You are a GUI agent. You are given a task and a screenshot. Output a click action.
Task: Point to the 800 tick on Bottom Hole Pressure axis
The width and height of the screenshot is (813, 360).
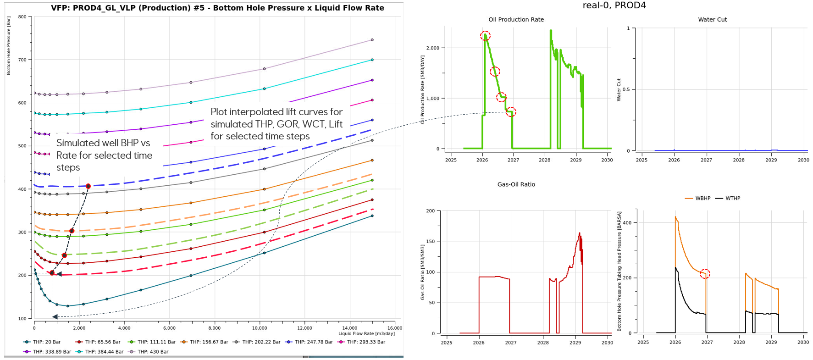(22, 17)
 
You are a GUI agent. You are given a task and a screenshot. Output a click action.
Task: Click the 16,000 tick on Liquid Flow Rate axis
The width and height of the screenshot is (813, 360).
(395, 328)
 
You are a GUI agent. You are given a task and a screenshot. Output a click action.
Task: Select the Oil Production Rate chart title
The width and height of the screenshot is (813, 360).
(516, 20)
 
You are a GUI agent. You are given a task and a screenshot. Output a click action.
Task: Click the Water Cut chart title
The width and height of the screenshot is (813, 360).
(712, 20)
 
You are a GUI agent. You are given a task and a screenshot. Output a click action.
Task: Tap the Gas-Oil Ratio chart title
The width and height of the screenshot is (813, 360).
(516, 184)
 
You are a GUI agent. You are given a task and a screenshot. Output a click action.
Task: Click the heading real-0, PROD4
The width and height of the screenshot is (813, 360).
(614, 6)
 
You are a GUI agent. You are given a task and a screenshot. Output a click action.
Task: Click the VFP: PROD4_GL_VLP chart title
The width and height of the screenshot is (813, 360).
(217, 8)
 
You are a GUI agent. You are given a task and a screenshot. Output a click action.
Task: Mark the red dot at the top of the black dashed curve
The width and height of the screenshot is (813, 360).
(88, 186)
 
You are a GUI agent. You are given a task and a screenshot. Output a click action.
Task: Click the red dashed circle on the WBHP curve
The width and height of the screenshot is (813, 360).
(705, 274)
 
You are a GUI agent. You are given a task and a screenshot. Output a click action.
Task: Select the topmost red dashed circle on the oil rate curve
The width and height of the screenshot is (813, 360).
(485, 35)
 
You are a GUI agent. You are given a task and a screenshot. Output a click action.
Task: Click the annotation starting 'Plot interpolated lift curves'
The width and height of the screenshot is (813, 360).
(277, 124)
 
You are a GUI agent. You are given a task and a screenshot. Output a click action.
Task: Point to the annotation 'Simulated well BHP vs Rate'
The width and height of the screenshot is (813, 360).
(104, 155)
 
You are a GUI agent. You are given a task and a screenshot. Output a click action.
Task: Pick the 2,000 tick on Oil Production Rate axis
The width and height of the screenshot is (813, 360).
(433, 48)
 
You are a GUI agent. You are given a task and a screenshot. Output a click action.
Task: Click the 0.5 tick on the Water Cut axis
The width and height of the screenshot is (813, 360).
(626, 89)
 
